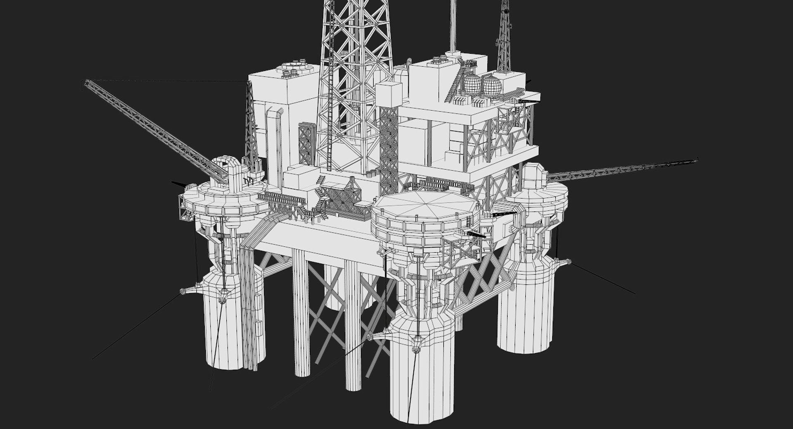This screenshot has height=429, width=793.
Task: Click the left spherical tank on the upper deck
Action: (472, 85)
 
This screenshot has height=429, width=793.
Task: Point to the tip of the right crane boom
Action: (696, 159)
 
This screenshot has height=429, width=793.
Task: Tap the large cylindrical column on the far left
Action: (225, 327)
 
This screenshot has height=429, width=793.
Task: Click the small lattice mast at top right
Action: (504, 37)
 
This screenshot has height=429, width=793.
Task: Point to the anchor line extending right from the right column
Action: (603, 278)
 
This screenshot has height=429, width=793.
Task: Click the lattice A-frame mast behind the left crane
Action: (250, 120)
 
